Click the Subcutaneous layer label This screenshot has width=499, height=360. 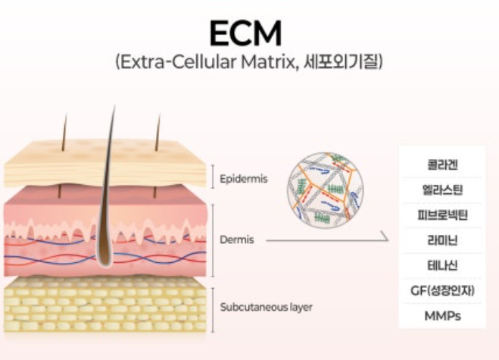coord(266,308)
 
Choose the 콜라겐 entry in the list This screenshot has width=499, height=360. coord(441,164)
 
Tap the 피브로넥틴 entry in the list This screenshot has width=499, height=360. coord(441,214)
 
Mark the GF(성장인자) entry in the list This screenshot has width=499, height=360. coord(441,290)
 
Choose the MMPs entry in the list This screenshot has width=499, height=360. coord(441,315)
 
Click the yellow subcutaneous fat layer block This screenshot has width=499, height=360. coord(106,307)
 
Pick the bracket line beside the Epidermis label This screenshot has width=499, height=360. coord(212,176)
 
